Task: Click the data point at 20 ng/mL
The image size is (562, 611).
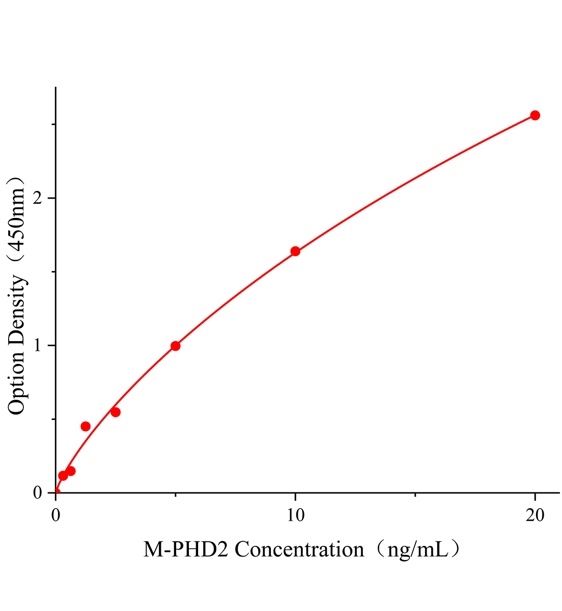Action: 535,116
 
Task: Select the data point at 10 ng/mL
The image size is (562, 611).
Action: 295,251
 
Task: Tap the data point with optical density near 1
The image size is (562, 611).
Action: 176,346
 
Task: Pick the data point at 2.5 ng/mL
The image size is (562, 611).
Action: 116,412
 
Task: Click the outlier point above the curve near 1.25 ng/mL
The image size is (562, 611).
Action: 86,426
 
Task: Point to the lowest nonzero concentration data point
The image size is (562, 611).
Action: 63,476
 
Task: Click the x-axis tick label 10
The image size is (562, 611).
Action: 295,515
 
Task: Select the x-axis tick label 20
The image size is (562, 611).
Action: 535,515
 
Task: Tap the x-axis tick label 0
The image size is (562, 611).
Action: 55,515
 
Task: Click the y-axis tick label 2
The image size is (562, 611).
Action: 37,198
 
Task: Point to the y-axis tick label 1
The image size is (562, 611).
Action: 37,346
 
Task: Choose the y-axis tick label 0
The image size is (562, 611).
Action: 37,493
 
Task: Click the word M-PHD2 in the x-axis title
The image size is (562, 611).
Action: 186,550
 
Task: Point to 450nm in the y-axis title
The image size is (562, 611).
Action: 16,219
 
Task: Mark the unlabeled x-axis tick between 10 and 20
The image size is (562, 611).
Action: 415,494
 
